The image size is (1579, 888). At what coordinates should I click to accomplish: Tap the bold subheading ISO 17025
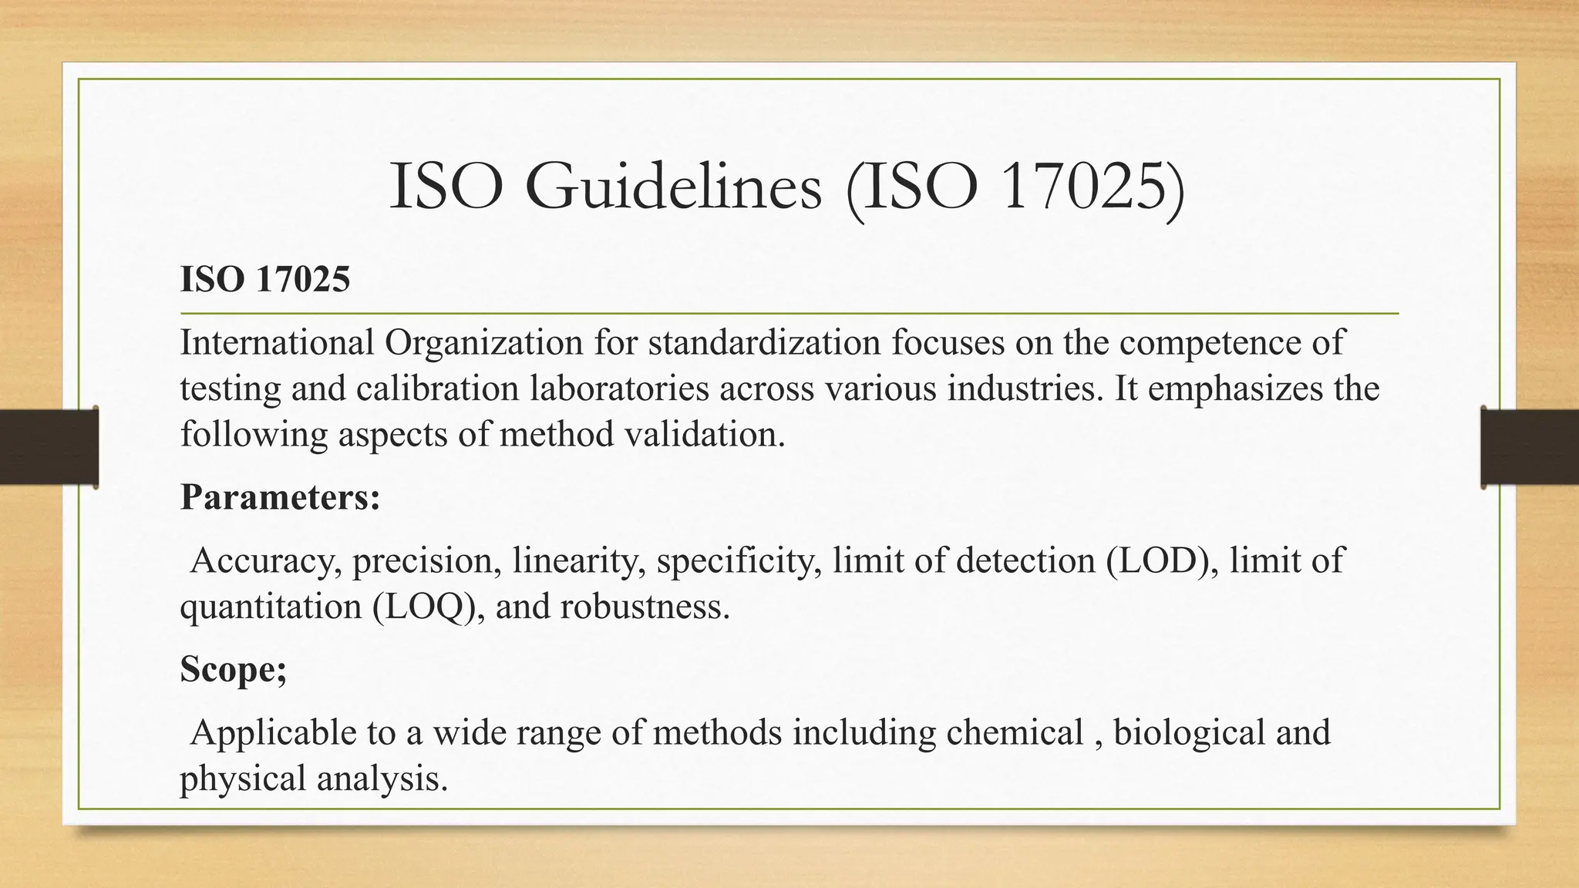click(x=265, y=279)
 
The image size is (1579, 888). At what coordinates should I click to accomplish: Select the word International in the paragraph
click(x=278, y=342)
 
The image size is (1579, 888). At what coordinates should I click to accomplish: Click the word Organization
click(x=483, y=342)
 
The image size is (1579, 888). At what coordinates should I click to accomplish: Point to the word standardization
click(x=764, y=342)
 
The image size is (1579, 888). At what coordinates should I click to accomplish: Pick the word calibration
click(x=437, y=388)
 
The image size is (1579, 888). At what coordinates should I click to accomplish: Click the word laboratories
click(x=619, y=388)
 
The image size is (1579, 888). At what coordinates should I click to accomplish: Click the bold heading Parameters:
click(x=281, y=497)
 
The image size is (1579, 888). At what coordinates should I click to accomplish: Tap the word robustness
click(x=645, y=607)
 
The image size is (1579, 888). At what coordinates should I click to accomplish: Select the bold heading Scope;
click(x=234, y=669)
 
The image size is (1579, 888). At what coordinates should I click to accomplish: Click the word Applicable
click(x=273, y=732)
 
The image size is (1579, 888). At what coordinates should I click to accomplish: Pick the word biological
click(x=1190, y=732)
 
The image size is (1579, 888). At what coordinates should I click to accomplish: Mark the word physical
click(x=244, y=779)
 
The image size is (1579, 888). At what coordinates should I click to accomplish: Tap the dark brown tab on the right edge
click(x=1530, y=447)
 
